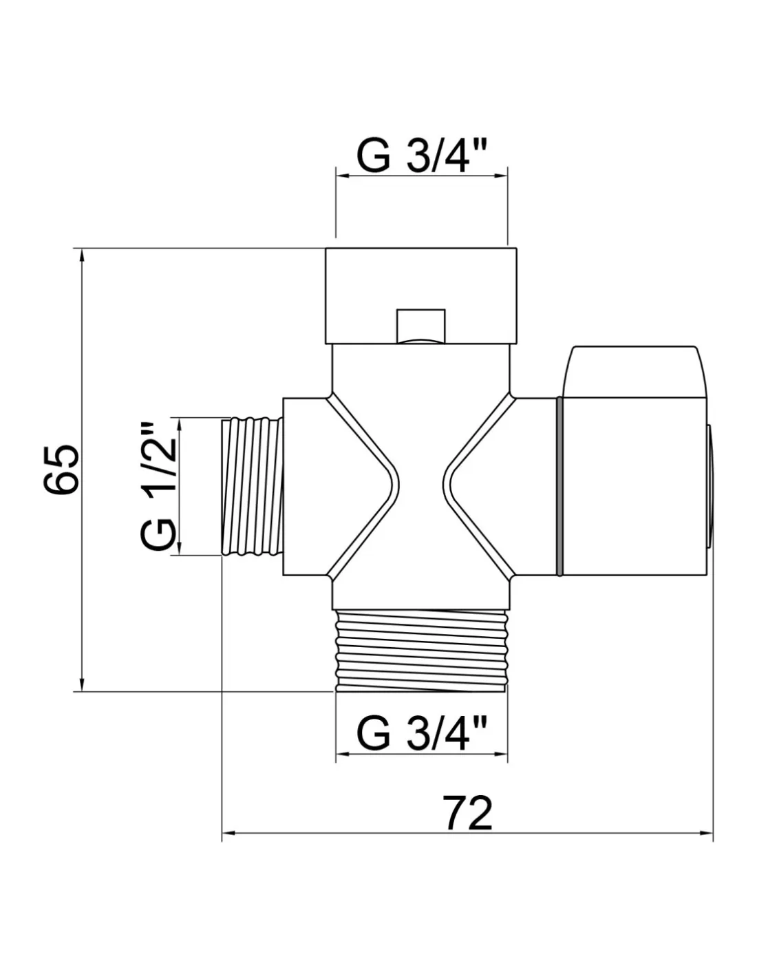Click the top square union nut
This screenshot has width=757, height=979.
coord(420,295)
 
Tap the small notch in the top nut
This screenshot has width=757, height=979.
coord(420,326)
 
